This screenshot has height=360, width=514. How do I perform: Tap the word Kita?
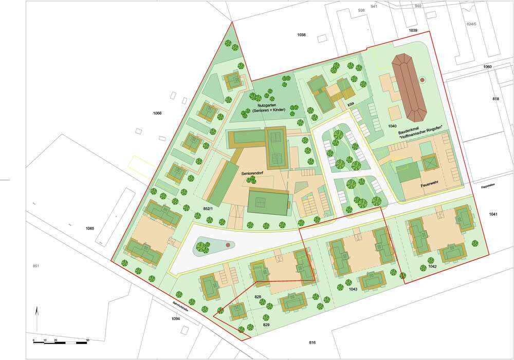(x=352, y=103)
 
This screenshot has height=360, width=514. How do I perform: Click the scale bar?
(x=61, y=341)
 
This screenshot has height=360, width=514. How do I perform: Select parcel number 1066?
(x=157, y=113)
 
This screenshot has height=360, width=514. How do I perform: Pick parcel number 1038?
(x=302, y=34)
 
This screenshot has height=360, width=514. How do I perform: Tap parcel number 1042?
(x=432, y=267)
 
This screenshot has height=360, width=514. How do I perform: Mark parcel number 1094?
(x=176, y=319)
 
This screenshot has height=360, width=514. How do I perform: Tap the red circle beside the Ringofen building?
(x=423, y=80)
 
